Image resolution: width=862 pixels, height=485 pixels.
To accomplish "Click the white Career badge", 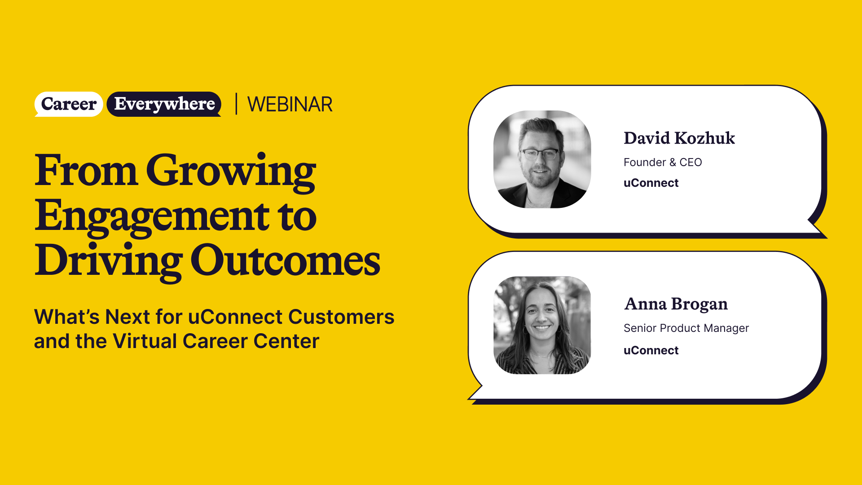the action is (69, 104).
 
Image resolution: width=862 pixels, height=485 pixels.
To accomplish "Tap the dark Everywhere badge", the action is (164, 104).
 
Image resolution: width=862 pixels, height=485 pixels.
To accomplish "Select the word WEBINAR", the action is (290, 104).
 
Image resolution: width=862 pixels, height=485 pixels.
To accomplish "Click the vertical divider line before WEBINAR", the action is (236, 104).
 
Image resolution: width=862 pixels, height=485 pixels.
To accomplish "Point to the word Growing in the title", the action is (231, 173).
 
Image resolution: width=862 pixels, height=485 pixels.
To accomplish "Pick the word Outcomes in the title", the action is (286, 261).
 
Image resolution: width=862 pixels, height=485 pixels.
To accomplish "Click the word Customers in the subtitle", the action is (341, 317).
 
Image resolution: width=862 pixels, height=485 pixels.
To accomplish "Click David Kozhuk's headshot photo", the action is (542, 159).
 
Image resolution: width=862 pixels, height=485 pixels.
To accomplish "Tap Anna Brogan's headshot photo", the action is (542, 325).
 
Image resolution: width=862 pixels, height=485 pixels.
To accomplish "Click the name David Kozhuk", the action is (679, 138).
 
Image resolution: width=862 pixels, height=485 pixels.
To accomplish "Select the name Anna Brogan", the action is (676, 304).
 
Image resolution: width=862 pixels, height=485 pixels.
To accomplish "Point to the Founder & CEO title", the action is (663, 162).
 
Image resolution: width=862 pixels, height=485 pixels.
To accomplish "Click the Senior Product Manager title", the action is (686, 328).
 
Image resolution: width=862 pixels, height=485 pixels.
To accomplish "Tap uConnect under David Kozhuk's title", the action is (651, 183).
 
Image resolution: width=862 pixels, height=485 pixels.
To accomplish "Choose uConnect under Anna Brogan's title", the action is (651, 350).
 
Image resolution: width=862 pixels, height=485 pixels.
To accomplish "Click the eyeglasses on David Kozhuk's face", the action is (540, 154).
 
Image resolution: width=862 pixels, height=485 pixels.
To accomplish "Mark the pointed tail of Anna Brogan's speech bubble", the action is (470, 398).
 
